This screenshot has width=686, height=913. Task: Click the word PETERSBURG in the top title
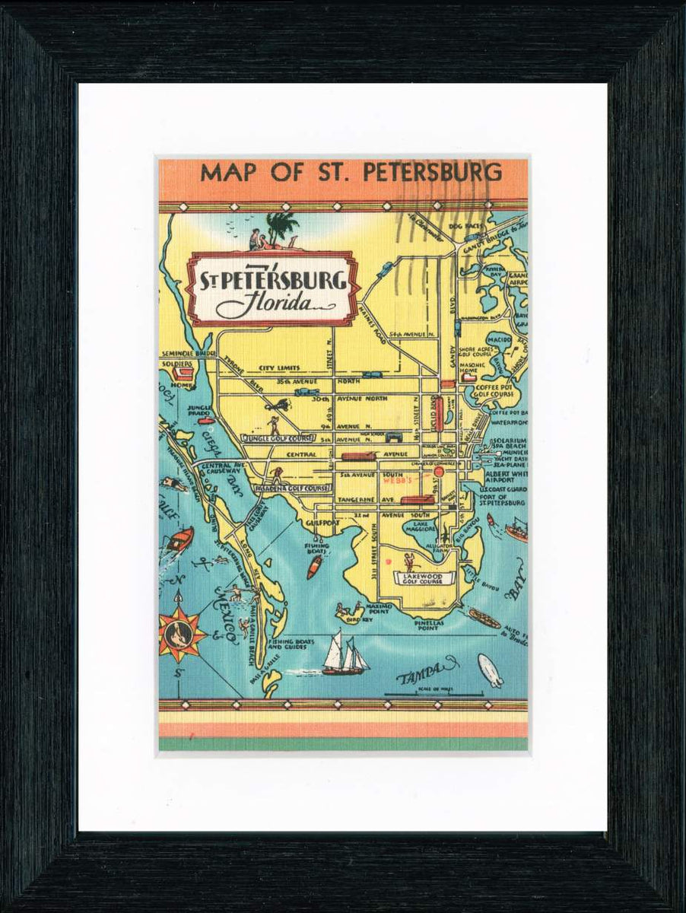tap(432, 173)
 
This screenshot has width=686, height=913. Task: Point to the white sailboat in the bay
tap(344, 654)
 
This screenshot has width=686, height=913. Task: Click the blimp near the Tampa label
tap(490, 670)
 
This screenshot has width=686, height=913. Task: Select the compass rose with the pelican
tap(182, 633)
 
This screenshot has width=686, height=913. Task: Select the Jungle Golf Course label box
tap(278, 439)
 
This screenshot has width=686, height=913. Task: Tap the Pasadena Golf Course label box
tap(291, 488)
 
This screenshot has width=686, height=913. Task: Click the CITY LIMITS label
tap(279, 367)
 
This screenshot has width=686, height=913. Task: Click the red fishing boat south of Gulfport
tap(314, 567)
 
